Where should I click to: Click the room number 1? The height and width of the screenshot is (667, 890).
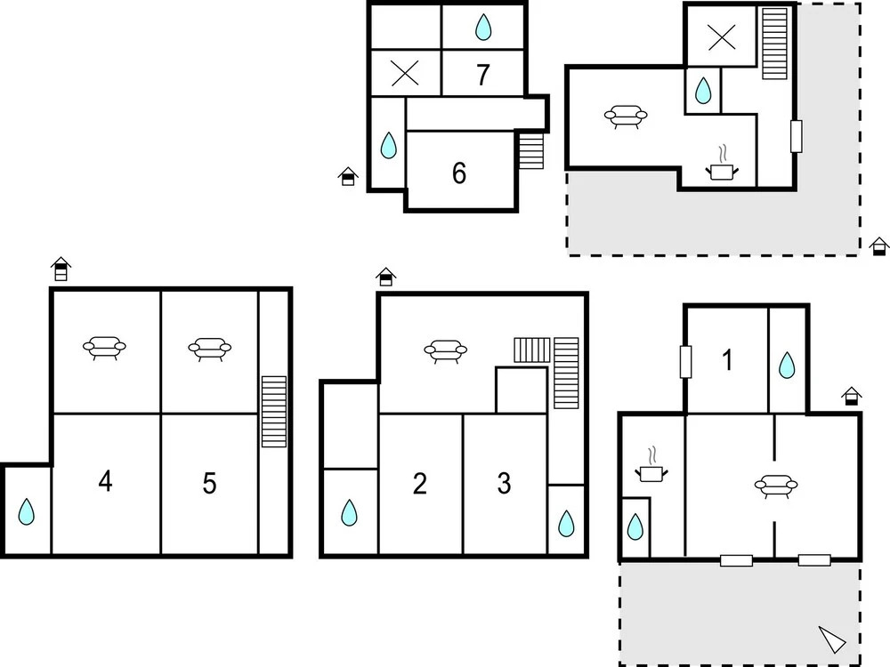(x=727, y=359)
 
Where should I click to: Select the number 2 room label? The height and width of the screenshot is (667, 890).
(x=419, y=483)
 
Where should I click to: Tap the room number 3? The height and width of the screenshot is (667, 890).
(x=504, y=483)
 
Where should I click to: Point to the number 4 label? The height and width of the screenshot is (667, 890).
(x=105, y=481)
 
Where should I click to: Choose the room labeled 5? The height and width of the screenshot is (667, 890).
(x=209, y=483)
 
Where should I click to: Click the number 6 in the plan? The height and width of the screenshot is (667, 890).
(x=459, y=173)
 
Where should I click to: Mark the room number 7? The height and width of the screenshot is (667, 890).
(x=483, y=75)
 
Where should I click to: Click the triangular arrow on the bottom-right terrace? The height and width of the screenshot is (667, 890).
(x=832, y=639)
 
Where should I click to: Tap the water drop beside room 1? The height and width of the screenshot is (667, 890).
(x=787, y=366)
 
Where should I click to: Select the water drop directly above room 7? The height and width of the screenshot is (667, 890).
(x=483, y=28)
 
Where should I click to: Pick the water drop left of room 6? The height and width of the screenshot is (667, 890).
(x=388, y=145)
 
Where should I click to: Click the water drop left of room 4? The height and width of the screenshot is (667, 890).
(x=26, y=511)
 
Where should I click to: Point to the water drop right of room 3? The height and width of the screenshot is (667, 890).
(x=566, y=524)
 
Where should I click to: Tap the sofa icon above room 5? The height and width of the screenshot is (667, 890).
(x=210, y=349)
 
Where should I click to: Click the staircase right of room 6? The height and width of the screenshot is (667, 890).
(x=531, y=151)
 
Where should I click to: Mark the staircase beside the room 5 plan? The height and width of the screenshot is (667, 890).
(x=273, y=411)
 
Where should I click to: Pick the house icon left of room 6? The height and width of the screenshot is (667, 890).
(x=348, y=176)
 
